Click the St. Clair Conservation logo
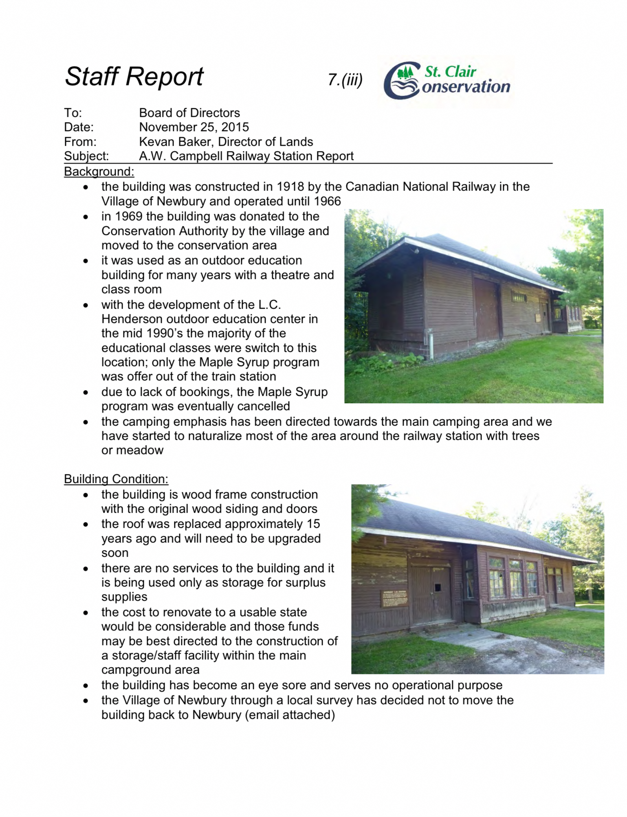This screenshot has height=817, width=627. pos(447,80)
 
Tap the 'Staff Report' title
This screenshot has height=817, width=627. pos(134,77)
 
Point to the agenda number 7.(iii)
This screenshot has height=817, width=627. pos(345,80)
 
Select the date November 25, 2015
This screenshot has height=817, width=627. pos(194,127)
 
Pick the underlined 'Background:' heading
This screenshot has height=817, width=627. pos(99,171)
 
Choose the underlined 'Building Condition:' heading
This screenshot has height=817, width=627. pos(116,479)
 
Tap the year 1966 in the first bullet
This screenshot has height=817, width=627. pos(328,201)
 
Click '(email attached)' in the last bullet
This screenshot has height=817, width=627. pos(290,715)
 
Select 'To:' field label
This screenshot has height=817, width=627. pos(73,113)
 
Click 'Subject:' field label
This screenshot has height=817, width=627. pos(86,156)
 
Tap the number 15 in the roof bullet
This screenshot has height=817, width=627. pos(313,524)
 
